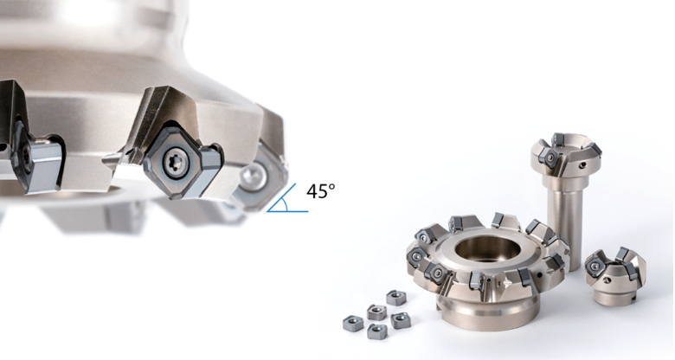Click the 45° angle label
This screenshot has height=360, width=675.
320,190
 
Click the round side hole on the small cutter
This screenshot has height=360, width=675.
607,280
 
